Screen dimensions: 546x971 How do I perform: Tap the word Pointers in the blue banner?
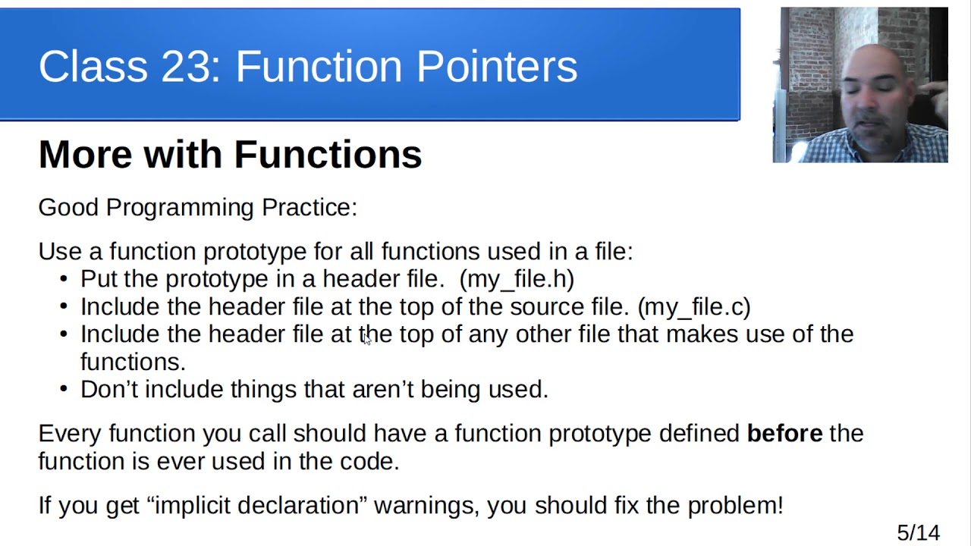(x=497, y=67)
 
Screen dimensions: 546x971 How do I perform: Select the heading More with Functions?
(x=230, y=155)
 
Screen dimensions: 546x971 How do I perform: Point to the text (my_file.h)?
(x=517, y=279)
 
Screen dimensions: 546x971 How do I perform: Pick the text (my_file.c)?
(x=694, y=307)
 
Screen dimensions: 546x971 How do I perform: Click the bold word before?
(x=784, y=433)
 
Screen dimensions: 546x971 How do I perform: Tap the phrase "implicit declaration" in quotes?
(x=256, y=505)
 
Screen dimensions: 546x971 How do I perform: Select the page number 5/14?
(x=918, y=533)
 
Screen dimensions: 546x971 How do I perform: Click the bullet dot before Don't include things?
(x=64, y=389)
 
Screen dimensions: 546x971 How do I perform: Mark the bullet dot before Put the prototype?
(x=64, y=279)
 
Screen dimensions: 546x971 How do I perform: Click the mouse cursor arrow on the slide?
(x=366, y=340)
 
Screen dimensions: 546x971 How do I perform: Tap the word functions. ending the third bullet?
(x=133, y=362)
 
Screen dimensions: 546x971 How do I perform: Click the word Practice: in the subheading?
(x=309, y=207)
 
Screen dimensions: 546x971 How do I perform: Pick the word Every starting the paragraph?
(x=70, y=433)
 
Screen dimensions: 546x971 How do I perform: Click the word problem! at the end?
(x=735, y=505)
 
